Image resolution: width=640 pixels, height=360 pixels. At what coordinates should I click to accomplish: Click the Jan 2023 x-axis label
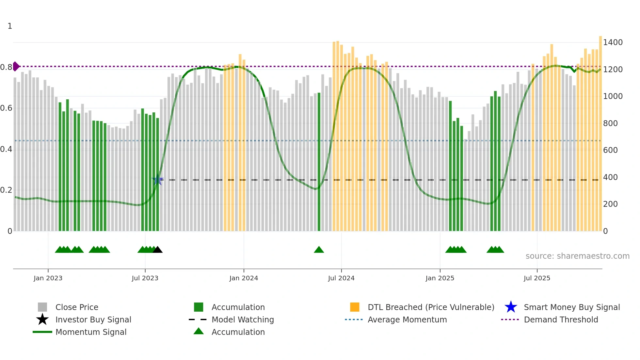[x=48, y=278]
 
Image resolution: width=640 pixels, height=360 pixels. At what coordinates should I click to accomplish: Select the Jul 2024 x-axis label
[x=341, y=278]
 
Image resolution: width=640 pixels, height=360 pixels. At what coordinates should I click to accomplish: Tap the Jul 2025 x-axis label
[x=537, y=278]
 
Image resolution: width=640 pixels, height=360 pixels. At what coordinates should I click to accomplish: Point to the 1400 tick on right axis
[x=613, y=42]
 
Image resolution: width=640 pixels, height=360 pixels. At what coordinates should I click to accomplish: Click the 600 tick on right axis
[x=610, y=150]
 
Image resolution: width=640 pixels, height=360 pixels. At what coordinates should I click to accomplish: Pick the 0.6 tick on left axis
[x=6, y=108]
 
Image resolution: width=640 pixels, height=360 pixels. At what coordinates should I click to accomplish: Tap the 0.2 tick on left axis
[x=6, y=190]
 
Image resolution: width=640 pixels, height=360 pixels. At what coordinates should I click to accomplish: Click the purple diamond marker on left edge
[x=16, y=66]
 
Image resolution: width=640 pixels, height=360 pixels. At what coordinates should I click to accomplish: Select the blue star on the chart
[x=157, y=180]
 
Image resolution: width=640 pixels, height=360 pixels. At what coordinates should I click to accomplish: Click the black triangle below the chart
[x=158, y=250]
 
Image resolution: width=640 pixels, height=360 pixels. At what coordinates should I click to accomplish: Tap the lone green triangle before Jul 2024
[x=319, y=250]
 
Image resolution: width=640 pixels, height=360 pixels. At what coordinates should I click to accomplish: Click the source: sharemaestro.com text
[x=577, y=256]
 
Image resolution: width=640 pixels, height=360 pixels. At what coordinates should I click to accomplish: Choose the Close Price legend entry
[x=77, y=307]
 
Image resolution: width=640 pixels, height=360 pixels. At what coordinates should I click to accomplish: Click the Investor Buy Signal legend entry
[x=93, y=319]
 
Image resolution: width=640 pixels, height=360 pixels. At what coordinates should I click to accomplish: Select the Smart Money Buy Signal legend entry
[x=571, y=307]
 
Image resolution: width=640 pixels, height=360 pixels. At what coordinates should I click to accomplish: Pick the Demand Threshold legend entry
[x=561, y=319]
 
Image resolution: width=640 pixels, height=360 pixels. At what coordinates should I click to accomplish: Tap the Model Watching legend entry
[x=243, y=319]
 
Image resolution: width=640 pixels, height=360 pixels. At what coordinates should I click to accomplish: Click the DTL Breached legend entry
[x=431, y=307]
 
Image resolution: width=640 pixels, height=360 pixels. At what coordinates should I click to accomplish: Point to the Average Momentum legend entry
[x=407, y=319]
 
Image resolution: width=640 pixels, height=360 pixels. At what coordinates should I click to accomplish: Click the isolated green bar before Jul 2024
[x=319, y=163]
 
